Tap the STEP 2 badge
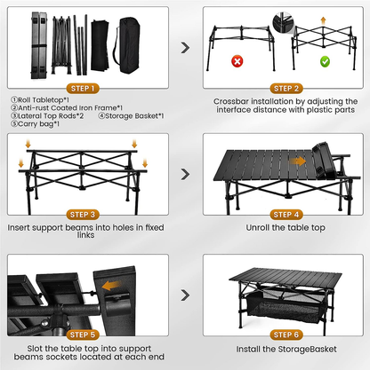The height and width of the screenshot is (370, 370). point(286,89)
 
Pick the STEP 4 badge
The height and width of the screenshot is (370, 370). point(286,216)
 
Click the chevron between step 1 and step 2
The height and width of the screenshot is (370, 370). point(185,49)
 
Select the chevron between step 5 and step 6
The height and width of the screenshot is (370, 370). point(185,294)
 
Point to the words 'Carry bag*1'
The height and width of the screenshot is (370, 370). point(35,124)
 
